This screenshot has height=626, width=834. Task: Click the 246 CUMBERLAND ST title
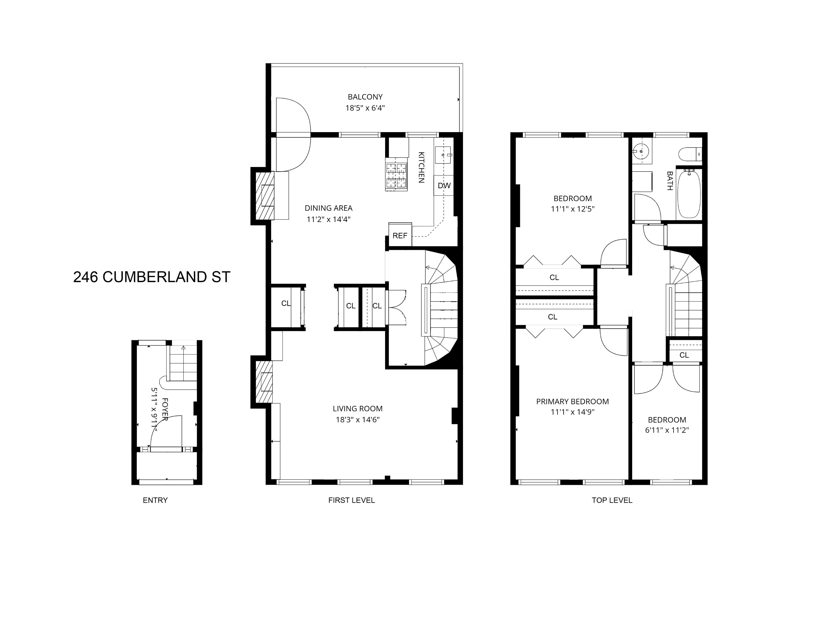click(151, 277)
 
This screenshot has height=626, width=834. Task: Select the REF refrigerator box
click(400, 235)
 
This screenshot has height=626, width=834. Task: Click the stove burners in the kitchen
click(396, 176)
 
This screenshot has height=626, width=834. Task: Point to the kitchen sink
click(443, 155)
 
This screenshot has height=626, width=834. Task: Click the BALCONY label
click(365, 97)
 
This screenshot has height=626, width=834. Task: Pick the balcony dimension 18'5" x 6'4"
click(365, 108)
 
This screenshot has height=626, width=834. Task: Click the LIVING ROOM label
click(357, 408)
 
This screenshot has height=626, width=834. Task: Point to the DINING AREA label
click(328, 208)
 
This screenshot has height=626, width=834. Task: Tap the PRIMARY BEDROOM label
click(572, 401)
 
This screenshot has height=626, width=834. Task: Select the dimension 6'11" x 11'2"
click(667, 430)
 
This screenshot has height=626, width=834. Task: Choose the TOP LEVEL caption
click(612, 500)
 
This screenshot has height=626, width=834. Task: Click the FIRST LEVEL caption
click(351, 500)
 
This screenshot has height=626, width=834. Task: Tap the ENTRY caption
click(155, 500)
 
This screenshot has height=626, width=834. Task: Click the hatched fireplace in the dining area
click(265, 196)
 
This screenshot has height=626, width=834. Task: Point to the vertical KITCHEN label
click(421, 167)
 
